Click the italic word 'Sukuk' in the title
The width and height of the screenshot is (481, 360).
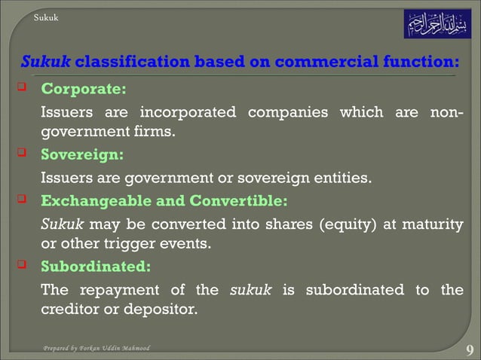pyautogui.click(x=46, y=61)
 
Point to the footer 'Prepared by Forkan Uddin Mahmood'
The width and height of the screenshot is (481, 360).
pyautogui.click(x=97, y=349)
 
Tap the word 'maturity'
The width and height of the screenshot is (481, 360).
pyautogui.click(x=434, y=224)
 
